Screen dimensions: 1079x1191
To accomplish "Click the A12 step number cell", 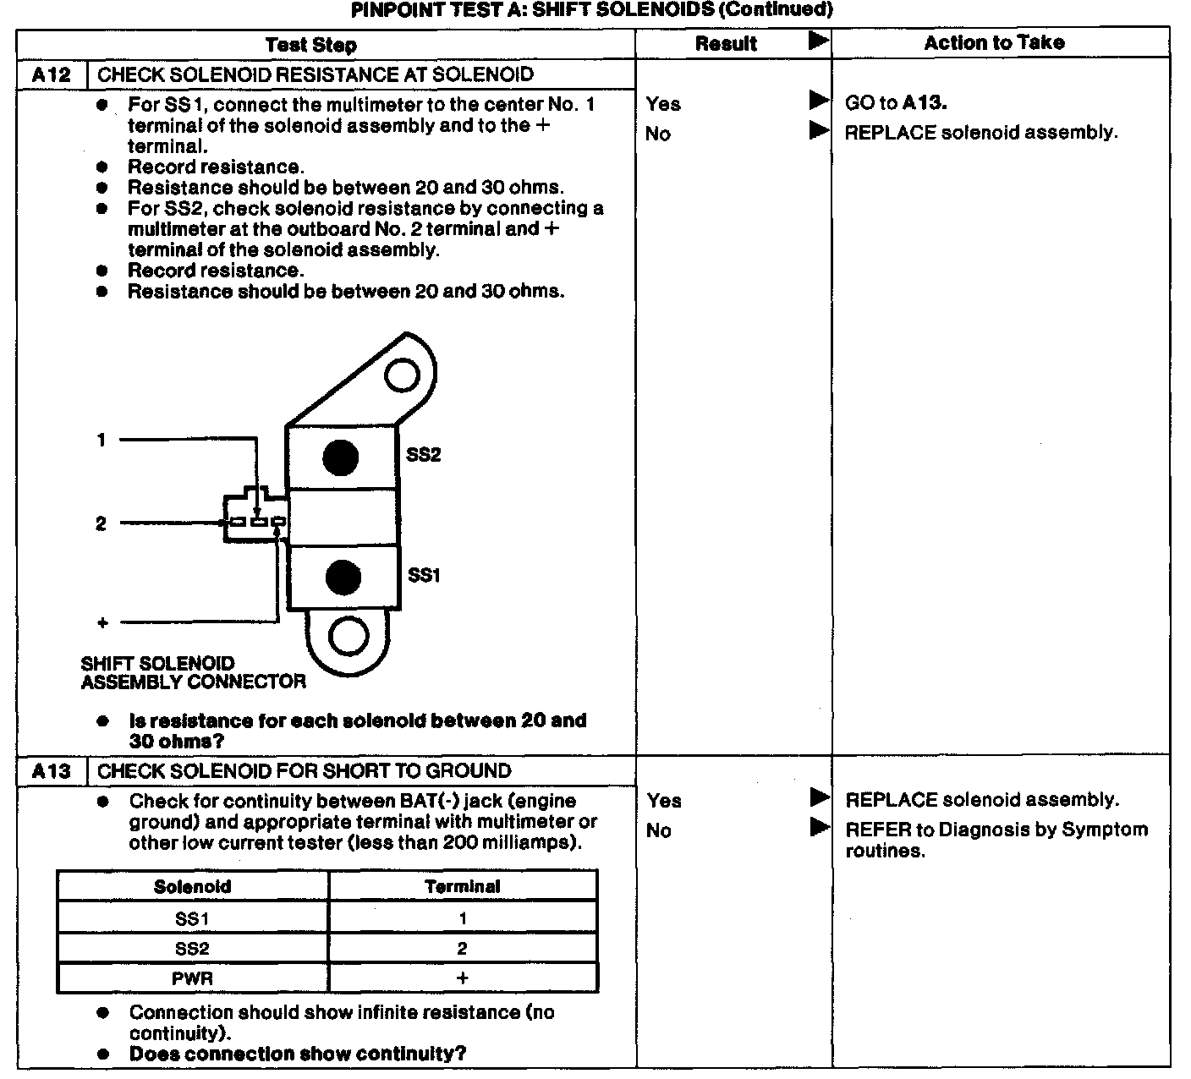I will (52, 74).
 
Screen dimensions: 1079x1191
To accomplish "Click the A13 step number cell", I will (52, 771).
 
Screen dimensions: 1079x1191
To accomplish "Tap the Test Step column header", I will (310, 45).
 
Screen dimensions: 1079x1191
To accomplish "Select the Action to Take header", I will (994, 43).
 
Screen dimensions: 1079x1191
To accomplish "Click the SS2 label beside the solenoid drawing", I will (423, 455).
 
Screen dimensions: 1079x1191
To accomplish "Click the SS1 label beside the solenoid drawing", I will (424, 576).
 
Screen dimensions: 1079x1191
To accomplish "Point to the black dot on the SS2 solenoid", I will (341, 457).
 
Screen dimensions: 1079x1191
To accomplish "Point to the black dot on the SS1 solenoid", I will (343, 578).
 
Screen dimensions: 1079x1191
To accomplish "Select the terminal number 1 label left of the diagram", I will (102, 440).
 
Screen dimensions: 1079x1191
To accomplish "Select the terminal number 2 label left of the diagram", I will (101, 523).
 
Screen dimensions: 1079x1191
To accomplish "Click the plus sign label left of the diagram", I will (102, 623).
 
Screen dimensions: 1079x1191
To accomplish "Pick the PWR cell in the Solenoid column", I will (193, 978).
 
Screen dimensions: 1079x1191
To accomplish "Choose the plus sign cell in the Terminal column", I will (463, 978).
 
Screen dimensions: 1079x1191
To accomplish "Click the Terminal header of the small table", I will (463, 886).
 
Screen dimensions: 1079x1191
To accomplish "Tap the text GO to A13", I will (896, 103).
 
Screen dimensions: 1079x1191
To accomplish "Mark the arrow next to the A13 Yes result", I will (819, 797).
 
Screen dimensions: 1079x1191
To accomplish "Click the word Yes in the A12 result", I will (663, 104).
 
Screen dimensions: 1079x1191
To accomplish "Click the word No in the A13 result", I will (658, 830).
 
